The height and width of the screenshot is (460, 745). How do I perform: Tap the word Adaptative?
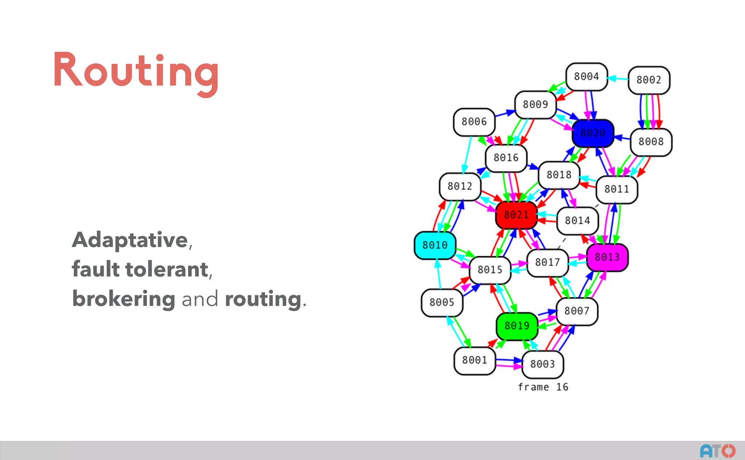point(130,240)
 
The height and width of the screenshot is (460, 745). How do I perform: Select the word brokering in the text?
point(124,299)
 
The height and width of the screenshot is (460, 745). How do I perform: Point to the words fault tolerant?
point(140,269)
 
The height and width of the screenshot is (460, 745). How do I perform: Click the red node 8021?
point(516,215)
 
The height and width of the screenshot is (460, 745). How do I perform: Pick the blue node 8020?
point(593,133)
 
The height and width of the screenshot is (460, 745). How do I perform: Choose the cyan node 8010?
point(435,245)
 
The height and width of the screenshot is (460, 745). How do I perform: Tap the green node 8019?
point(517,326)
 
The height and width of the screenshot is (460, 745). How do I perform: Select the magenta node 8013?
point(607,257)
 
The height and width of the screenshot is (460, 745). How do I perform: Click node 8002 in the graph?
point(649,80)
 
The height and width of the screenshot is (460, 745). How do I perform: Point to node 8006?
point(474,122)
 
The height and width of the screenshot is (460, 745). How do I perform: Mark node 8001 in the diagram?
point(474,360)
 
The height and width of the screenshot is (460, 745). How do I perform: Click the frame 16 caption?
point(543,387)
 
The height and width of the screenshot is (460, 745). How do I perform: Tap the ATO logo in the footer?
point(717,451)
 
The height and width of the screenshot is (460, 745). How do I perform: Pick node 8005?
point(442,302)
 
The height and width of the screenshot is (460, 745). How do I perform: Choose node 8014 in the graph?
point(577,221)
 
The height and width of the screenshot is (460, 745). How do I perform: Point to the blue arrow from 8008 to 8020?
point(622,138)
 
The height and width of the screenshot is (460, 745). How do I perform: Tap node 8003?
point(542,364)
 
